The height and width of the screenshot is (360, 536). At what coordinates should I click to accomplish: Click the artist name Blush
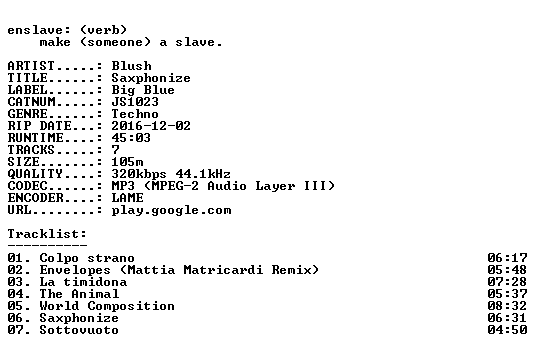[132, 66]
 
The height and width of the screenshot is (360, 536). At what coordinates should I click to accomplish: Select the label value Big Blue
[143, 90]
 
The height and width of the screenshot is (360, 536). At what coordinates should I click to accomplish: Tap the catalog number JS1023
[135, 102]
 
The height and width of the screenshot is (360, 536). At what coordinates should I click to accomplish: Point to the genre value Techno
[135, 114]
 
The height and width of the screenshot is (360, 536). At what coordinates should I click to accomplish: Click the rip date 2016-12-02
[151, 126]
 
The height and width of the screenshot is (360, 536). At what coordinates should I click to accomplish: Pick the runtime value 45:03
[131, 138]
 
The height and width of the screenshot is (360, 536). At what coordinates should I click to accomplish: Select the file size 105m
[128, 162]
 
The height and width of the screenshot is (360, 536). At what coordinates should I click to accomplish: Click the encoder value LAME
[128, 198]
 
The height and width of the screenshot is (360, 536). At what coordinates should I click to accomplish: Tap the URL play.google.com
[172, 210]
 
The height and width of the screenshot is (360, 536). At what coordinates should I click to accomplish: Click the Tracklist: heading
[47, 234]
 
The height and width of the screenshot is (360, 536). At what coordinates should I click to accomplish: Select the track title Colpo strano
[87, 258]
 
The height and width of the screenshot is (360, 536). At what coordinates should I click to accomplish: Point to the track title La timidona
[83, 282]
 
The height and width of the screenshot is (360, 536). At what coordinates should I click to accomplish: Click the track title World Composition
[107, 306]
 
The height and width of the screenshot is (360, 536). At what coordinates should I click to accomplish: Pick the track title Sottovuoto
[79, 330]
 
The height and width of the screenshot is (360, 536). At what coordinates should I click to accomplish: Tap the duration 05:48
[507, 270]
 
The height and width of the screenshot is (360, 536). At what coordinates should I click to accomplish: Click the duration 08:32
[507, 306]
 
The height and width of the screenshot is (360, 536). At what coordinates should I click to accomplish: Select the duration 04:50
[507, 330]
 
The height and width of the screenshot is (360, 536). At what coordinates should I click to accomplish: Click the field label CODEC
[28, 186]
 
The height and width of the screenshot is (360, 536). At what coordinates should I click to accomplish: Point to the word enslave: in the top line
[39, 30]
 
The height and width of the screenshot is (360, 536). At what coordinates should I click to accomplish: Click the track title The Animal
[79, 294]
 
